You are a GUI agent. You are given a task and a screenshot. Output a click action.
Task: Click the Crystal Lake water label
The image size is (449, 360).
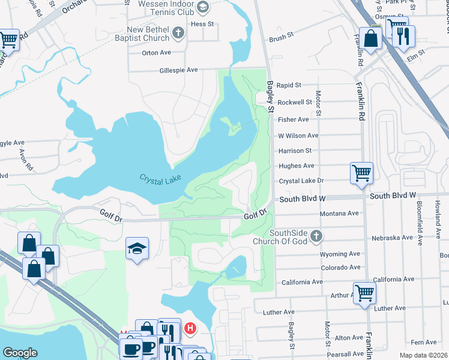point(160,179)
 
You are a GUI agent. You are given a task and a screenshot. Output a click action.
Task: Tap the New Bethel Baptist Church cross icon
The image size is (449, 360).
point(178,33)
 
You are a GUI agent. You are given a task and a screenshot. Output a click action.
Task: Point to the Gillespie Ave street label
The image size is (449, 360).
point(178,70)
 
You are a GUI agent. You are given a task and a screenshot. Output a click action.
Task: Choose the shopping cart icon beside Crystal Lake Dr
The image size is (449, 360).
point(361,172)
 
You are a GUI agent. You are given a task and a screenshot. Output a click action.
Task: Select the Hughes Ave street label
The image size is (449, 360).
point(296,166)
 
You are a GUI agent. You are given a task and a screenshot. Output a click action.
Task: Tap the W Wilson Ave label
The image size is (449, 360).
point(298,136)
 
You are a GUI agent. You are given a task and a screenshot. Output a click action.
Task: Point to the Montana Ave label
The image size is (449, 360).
point(339,214)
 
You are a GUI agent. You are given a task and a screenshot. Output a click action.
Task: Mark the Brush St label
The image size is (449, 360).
point(281,37)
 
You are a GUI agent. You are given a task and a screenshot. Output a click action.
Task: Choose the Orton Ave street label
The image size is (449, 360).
point(157,53)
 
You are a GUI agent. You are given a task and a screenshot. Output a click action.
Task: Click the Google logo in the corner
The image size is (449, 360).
point(20,353)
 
